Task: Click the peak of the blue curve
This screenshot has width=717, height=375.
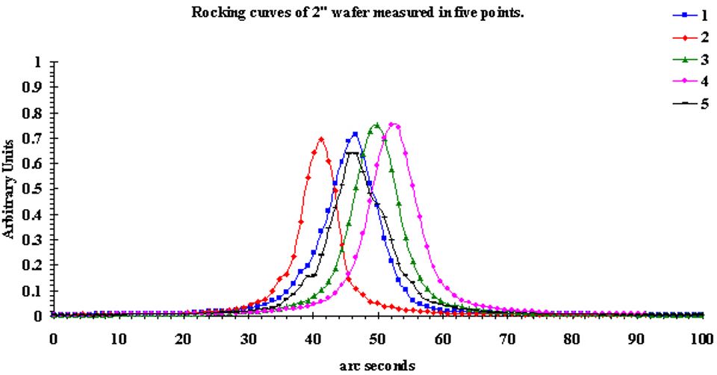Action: click(355, 134)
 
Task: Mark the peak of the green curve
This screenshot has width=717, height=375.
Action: click(377, 125)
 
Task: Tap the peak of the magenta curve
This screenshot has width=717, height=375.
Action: click(394, 125)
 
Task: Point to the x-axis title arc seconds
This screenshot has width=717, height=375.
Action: click(377, 366)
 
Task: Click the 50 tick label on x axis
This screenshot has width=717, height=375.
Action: click(377, 338)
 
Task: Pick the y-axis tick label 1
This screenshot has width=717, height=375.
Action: click(38, 61)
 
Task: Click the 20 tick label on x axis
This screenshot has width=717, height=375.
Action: click(183, 338)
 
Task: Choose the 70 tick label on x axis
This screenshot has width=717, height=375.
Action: click(507, 338)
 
